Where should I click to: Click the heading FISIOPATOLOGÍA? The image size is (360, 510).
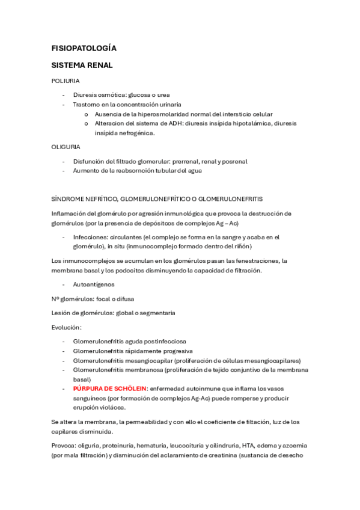pyautogui.click(x=84, y=48)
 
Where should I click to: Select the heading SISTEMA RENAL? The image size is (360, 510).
pyautogui.click(x=82, y=65)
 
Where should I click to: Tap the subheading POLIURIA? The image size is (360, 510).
pyautogui.click(x=66, y=81)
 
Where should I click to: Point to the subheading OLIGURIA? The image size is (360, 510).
pyautogui.click(x=66, y=146)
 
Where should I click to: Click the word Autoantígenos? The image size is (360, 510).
pyautogui.click(x=94, y=284)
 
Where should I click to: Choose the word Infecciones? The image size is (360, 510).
pyautogui.click(x=91, y=237)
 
